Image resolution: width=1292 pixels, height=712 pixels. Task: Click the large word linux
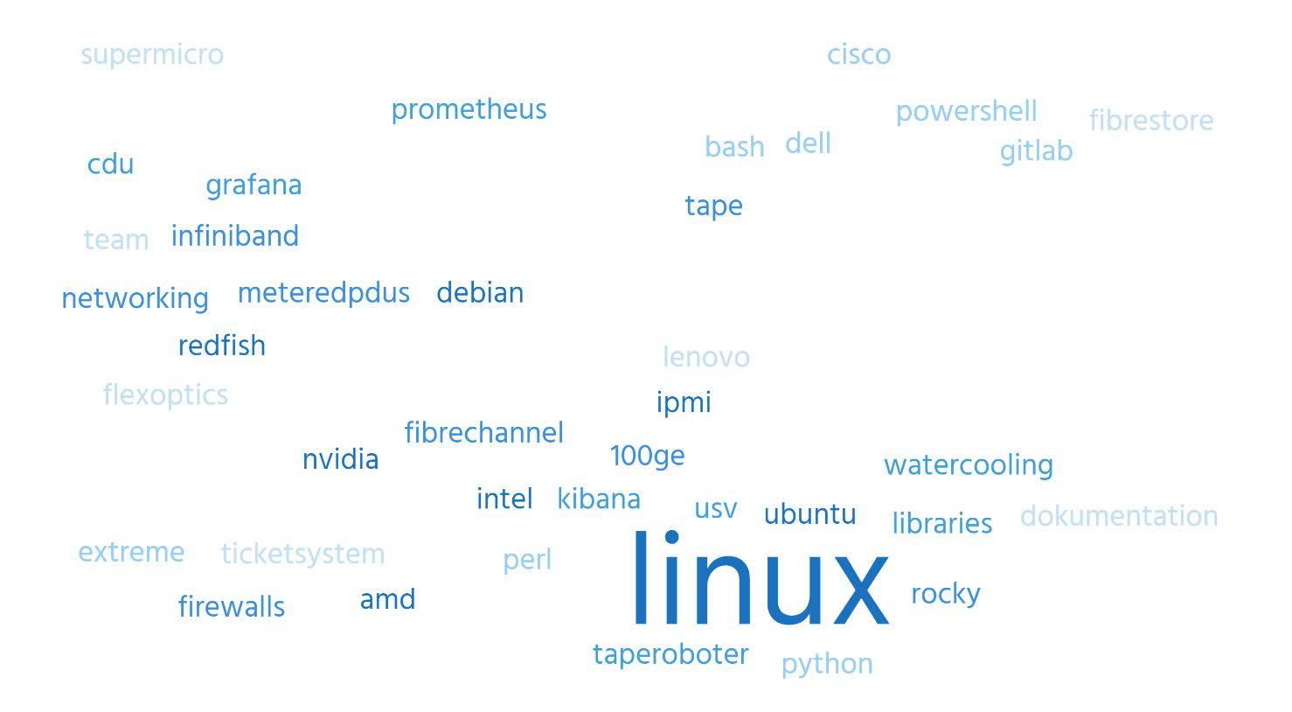(x=761, y=577)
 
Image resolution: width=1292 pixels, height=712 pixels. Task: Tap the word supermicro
(x=152, y=56)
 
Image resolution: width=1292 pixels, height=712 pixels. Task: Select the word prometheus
(x=469, y=109)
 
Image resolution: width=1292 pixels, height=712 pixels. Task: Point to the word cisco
(x=858, y=54)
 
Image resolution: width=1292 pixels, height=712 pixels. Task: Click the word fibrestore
(x=1151, y=120)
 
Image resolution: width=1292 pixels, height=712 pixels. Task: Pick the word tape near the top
(x=713, y=206)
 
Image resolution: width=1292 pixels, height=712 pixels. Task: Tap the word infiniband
(x=235, y=235)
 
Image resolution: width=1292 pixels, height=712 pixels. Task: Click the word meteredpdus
(x=323, y=292)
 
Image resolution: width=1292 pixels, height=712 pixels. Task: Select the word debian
(x=480, y=292)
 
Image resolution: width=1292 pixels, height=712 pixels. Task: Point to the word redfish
(x=221, y=346)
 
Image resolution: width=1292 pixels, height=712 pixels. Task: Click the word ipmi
(x=684, y=402)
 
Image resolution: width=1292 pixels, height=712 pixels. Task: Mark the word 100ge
(x=647, y=457)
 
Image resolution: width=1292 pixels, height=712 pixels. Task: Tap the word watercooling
(x=969, y=465)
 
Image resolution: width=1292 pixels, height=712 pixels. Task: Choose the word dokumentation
(x=1119, y=516)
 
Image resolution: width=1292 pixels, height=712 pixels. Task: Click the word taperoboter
(x=670, y=655)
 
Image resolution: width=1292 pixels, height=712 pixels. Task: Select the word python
(x=827, y=665)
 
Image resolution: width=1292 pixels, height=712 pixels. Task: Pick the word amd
(x=387, y=599)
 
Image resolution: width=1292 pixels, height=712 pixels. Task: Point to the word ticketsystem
(x=302, y=555)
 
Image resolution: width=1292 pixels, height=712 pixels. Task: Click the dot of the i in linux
(x=671, y=537)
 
